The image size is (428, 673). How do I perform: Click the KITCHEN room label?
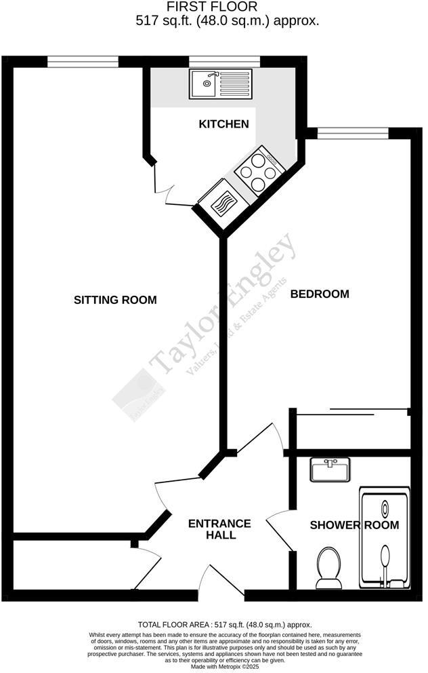[x=223, y=125]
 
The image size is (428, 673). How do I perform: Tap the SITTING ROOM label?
[x=115, y=300]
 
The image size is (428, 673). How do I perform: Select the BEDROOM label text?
[x=320, y=294]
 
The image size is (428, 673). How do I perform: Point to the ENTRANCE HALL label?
[x=219, y=529]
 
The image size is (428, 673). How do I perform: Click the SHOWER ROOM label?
[x=354, y=525]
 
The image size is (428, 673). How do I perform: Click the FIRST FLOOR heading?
[x=213, y=7]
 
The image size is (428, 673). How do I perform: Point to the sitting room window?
[x=83, y=62]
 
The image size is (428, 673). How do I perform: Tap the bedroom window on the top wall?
[x=353, y=133]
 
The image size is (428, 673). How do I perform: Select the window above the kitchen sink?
[x=224, y=62]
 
